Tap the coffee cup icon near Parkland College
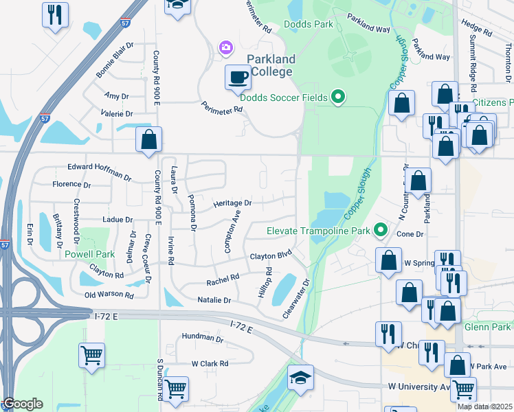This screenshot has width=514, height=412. coord(238,76)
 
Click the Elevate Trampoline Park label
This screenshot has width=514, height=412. coord(318,231)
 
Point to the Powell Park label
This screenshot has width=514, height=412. coord(90,254)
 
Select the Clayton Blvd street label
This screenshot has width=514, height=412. coord(271,255)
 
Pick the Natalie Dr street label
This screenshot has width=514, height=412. coord(214,301)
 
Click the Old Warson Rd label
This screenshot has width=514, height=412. coord(109,295)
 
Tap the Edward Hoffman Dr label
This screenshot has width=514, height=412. coord(99,171)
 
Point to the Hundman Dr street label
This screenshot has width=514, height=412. coord(203,339)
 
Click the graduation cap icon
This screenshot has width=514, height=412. coord(300,378)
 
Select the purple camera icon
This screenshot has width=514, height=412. coord(226,47)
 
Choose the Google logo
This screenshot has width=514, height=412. coord(23,404)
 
